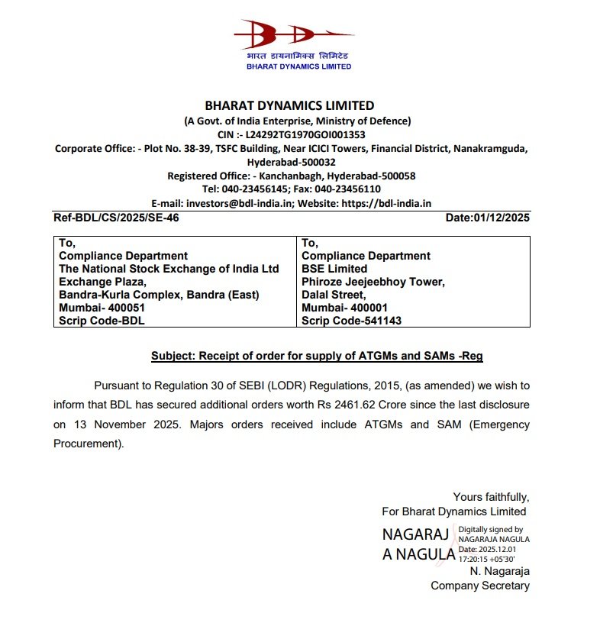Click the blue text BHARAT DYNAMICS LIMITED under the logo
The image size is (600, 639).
pos(298,66)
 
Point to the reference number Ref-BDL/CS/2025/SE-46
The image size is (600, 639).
pos(117,218)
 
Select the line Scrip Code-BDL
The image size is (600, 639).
pos(102,321)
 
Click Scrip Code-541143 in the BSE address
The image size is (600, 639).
pos(351,321)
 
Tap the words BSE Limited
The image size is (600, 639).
pos(334,269)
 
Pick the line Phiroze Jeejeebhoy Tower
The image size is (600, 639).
pos(373,282)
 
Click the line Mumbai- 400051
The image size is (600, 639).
pos(102,308)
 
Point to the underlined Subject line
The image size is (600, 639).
pos(317,356)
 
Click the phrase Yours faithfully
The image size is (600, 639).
pos(491,496)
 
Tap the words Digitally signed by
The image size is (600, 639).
pos(490,529)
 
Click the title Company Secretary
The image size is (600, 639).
pos(479,586)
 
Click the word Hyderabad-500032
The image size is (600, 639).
pos(291,162)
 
